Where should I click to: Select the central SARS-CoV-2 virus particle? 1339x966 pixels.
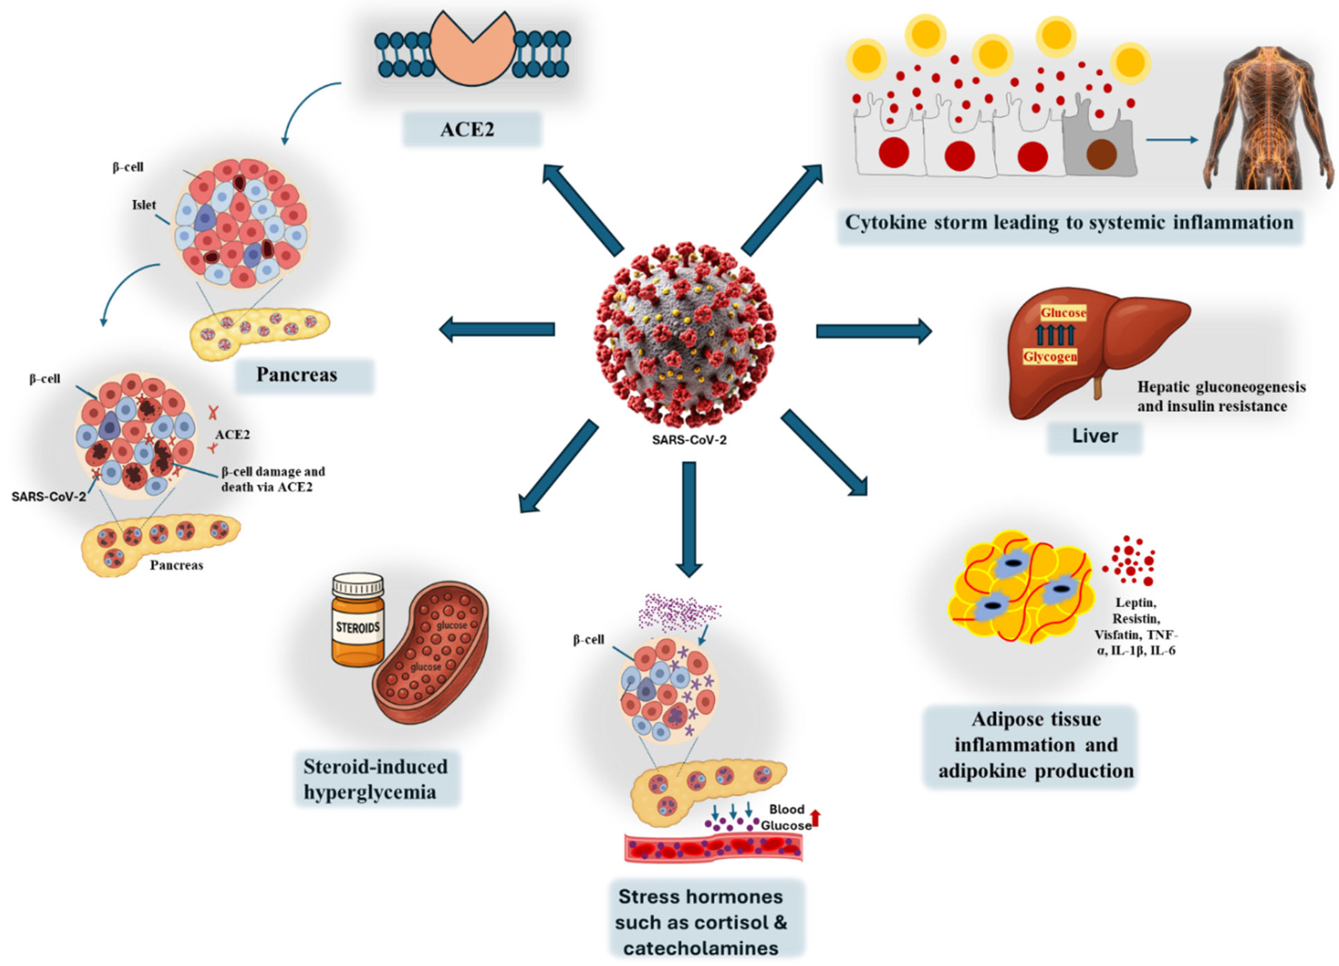tap(685, 334)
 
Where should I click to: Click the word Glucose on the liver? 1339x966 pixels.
tap(1063, 313)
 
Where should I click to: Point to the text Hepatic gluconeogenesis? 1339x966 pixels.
tap(1221, 387)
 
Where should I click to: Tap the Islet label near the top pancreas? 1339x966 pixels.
tap(144, 205)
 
